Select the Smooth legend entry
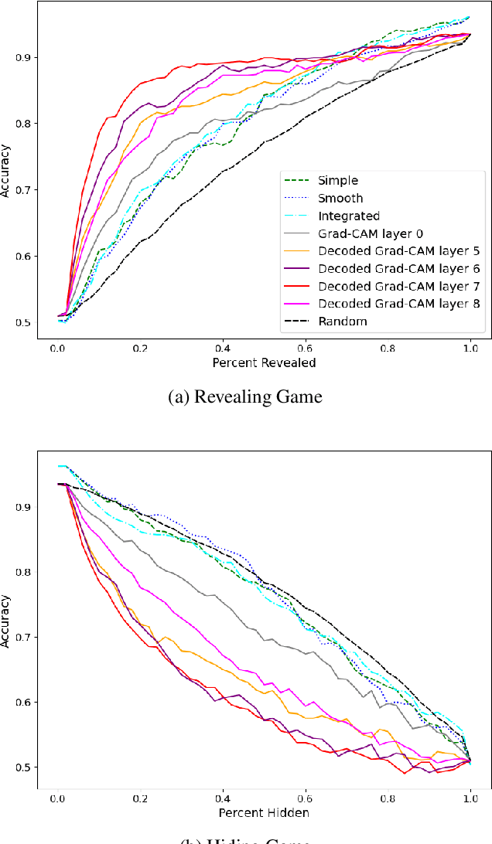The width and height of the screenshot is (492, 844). [340, 199]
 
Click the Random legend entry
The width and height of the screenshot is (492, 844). [340, 321]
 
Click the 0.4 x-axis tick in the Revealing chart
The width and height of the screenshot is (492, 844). [222, 349]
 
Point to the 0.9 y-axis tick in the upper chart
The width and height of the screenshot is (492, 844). [27, 57]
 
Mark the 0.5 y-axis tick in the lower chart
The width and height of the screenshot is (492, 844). [27, 767]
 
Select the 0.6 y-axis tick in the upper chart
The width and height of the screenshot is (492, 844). [27, 257]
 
